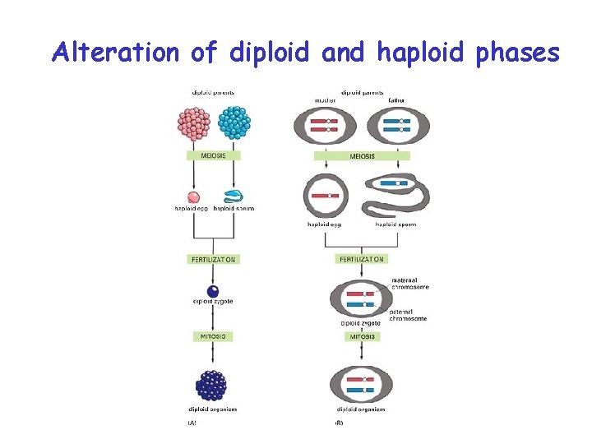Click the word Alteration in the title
114,53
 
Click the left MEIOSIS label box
213,155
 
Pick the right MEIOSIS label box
362,156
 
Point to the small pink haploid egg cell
194,197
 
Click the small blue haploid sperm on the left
233,197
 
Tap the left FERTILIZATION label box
213,259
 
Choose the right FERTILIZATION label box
362,259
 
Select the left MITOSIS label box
213,336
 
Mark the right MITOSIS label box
362,336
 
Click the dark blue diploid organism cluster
213,385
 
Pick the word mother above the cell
326,100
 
